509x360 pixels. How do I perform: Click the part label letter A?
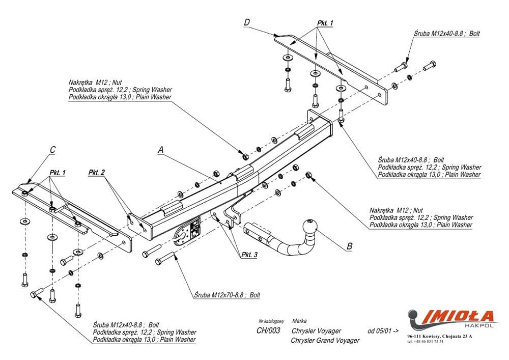(x=161, y=150)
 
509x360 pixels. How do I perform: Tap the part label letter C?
(x=52, y=150)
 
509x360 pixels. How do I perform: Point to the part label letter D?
(x=247, y=22)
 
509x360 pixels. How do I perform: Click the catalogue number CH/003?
(x=268, y=330)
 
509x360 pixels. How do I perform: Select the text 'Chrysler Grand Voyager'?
(x=325, y=340)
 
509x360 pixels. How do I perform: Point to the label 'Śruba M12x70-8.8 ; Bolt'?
(x=227, y=295)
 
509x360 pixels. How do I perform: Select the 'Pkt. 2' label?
(x=96, y=173)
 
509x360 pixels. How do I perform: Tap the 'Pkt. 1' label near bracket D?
(x=325, y=23)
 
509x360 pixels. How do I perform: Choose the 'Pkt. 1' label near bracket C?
(x=58, y=173)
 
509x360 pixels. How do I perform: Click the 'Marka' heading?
(x=299, y=321)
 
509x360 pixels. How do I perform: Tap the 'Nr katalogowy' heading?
(x=271, y=322)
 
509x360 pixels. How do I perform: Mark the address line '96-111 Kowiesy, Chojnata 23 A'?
(x=440, y=337)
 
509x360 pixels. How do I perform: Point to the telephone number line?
(x=426, y=342)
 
